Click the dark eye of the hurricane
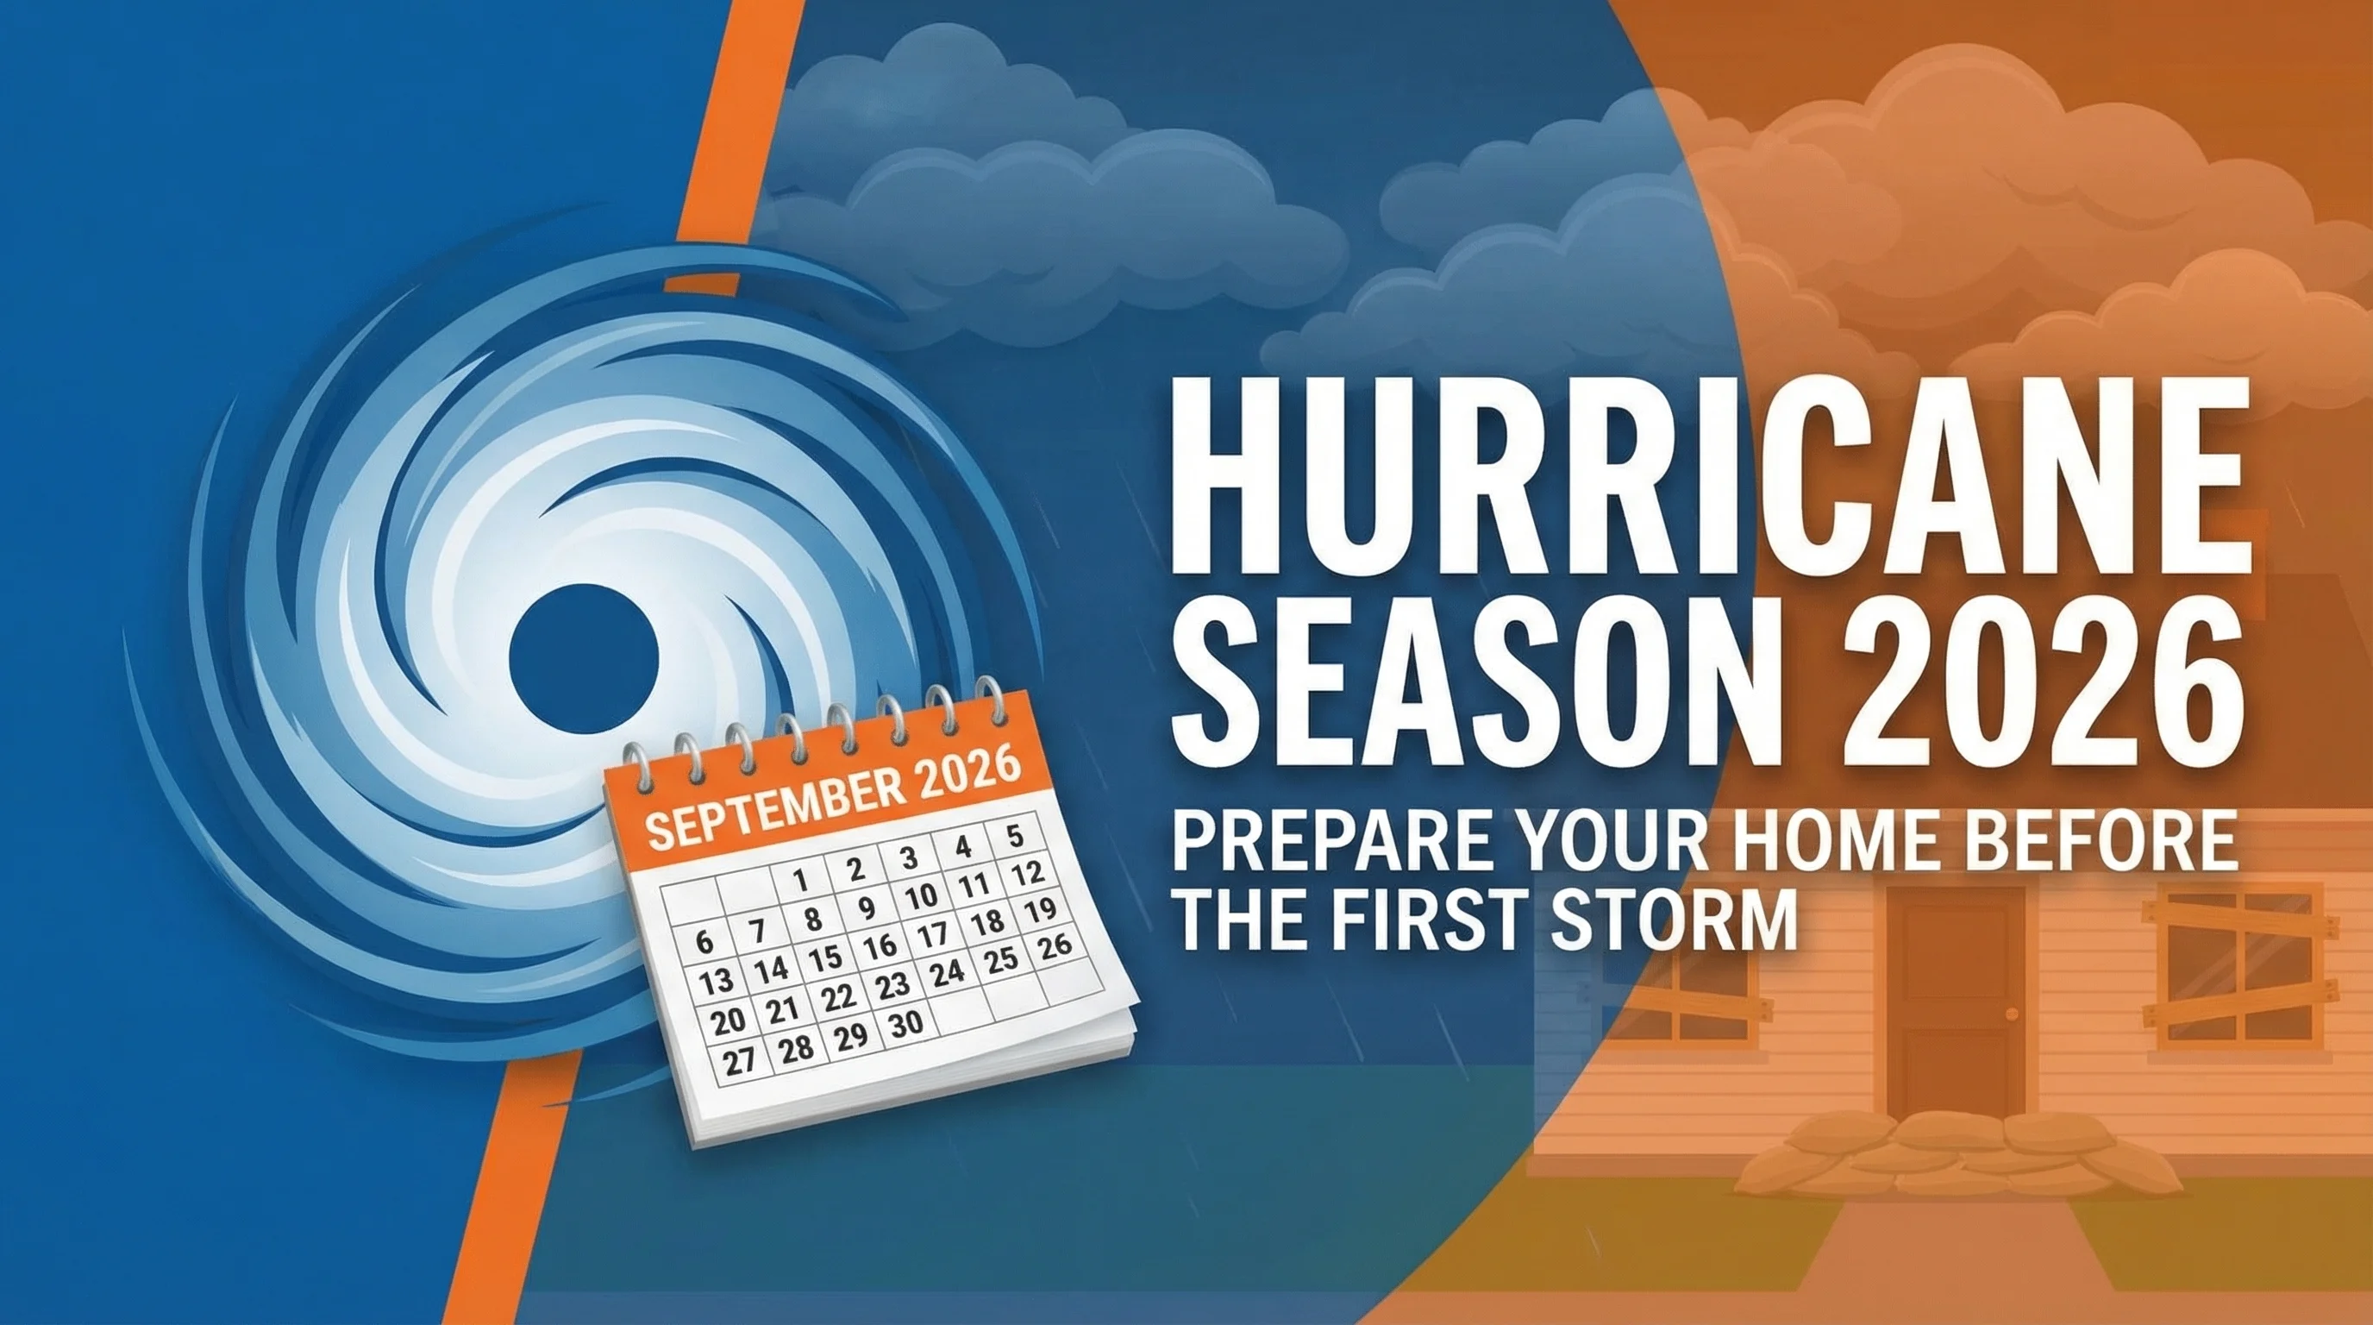point(583,659)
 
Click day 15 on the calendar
point(825,958)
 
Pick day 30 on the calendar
point(905,1024)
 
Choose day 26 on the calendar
point(1055,945)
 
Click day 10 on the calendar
point(919,895)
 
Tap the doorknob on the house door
point(2010,1014)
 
